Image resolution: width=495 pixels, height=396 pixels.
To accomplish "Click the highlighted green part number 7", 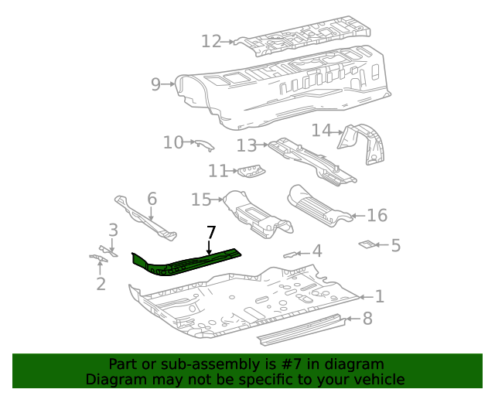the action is (x=186, y=263).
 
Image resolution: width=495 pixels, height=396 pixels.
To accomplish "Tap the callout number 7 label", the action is (x=211, y=233).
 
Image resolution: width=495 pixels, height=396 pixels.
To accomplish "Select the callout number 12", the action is (x=211, y=41).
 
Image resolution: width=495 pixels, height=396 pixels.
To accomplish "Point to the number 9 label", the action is (x=155, y=84).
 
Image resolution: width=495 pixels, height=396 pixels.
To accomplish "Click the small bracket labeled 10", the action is (x=204, y=145).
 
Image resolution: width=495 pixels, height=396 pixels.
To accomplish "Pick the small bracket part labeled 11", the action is (x=251, y=171).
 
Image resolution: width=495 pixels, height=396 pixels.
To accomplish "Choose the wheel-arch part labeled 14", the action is (x=362, y=144).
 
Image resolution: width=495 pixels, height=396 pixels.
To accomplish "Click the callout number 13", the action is (x=247, y=145).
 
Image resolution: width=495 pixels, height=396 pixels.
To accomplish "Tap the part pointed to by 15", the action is (x=258, y=213).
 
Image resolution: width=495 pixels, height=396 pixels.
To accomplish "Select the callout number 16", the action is (x=377, y=215).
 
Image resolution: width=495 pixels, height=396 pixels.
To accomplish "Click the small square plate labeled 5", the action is (x=367, y=244).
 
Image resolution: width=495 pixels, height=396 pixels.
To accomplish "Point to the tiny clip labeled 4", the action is (x=290, y=254).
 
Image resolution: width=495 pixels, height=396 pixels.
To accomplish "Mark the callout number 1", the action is (x=380, y=296).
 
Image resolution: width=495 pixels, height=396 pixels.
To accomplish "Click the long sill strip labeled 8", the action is (x=301, y=329).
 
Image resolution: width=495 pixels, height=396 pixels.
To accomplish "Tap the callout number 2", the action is (x=101, y=284).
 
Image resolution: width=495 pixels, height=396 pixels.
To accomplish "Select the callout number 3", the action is (x=113, y=230).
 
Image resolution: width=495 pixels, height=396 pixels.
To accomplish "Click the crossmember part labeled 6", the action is (x=145, y=219).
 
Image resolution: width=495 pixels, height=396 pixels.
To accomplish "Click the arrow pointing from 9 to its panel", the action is (x=168, y=84).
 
